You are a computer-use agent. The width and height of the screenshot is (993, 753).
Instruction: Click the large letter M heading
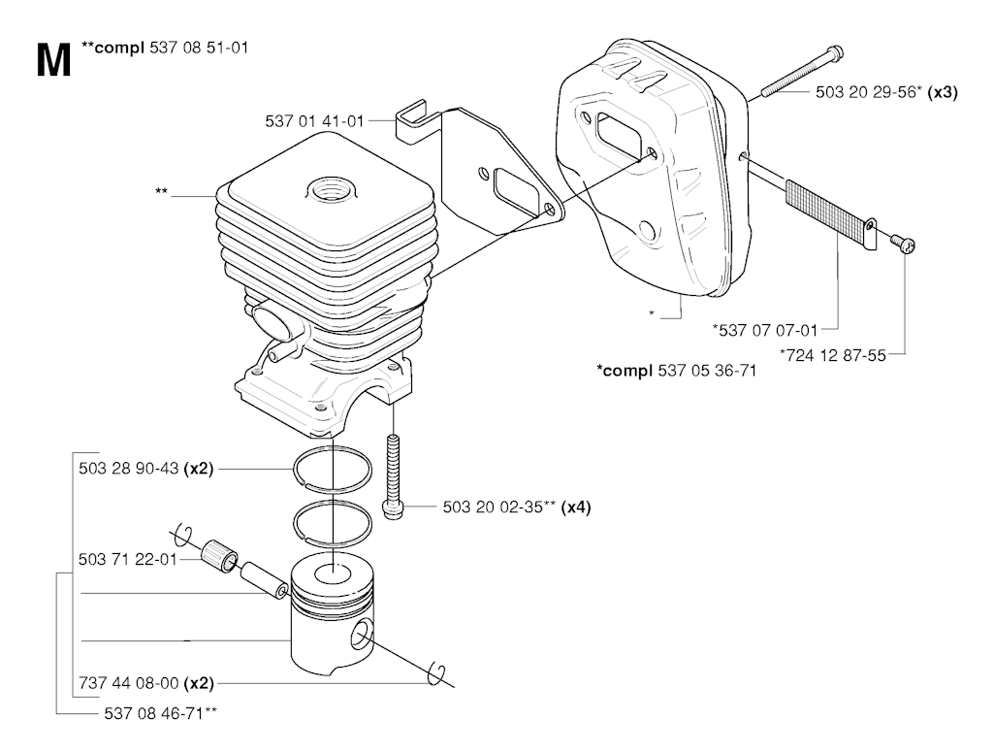[54, 61]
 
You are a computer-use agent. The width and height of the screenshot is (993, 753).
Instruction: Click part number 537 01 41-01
[315, 121]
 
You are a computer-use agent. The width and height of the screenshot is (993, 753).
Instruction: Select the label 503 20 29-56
[865, 92]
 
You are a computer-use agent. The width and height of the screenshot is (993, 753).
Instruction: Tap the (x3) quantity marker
[943, 92]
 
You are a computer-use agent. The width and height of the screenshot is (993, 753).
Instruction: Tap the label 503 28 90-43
[129, 469]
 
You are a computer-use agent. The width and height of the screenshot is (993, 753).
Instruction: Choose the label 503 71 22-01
[128, 560]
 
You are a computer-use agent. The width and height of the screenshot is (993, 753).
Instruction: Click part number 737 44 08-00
[129, 683]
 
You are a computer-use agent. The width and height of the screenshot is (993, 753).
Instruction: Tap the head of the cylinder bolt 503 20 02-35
[393, 509]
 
